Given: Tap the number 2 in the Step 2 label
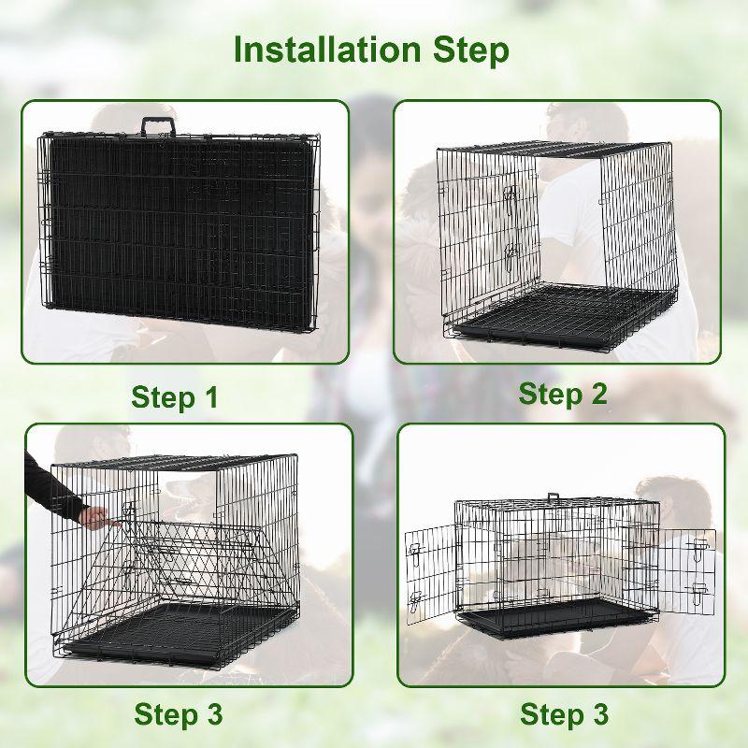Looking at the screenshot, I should (x=596, y=394).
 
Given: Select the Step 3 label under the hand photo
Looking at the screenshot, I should (x=178, y=715).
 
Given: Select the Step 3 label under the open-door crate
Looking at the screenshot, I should (x=564, y=715).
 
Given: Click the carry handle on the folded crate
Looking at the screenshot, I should (x=159, y=126).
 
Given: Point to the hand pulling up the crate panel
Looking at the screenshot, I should (x=93, y=516).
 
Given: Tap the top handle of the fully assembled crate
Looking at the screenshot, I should (x=554, y=497).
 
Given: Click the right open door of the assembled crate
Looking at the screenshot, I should (x=687, y=570).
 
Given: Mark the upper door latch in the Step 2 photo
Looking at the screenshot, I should (x=510, y=195).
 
